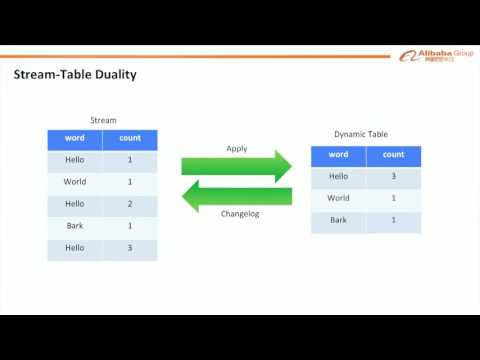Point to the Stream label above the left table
[x=103, y=120]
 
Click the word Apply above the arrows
[x=236, y=148]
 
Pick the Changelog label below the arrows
[x=238, y=213]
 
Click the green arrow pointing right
[x=236, y=166]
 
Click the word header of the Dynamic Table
[x=339, y=155]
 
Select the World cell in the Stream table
[x=75, y=182]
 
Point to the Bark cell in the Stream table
[x=75, y=226]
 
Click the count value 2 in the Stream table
[x=130, y=204]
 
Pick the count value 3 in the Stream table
[x=130, y=248]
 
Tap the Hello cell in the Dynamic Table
[x=339, y=177]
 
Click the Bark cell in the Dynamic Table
[x=339, y=221]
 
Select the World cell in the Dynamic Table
[x=339, y=199]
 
